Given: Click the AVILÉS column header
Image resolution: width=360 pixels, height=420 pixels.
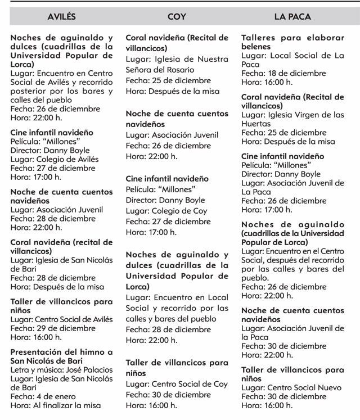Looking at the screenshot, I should click(61, 17).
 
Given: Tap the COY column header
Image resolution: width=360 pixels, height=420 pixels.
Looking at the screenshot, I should click(177, 17).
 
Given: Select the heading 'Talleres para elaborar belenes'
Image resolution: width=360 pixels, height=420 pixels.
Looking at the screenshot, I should click(292, 42).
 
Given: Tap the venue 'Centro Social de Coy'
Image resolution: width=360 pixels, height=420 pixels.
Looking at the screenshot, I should click(188, 384).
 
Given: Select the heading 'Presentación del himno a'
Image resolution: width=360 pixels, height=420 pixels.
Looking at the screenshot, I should click(61, 352).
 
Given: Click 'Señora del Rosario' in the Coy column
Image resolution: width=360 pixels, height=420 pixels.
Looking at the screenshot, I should click(160, 70).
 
